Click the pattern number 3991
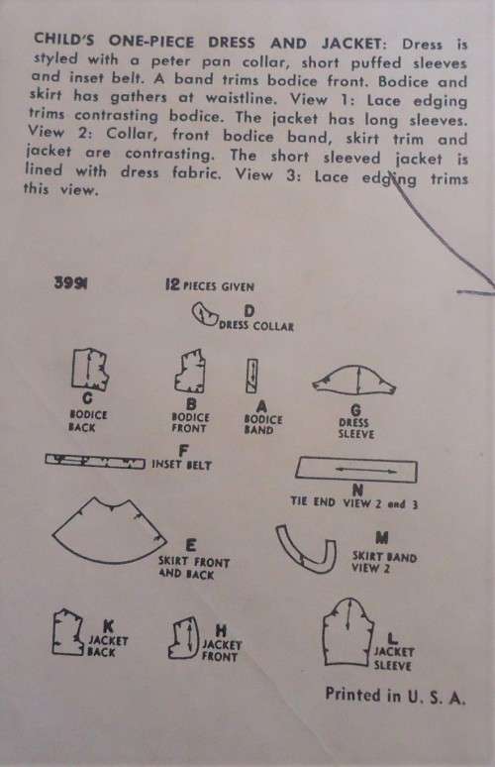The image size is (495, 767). click(71, 282)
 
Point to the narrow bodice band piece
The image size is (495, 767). click(251, 377)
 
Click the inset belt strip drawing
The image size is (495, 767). click(95, 460)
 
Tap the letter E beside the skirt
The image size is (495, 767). click(191, 545)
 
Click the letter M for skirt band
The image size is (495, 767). click(381, 538)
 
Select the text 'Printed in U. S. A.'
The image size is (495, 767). click(395, 696)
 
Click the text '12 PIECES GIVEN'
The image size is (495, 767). click(210, 285)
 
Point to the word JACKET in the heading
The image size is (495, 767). click(351, 43)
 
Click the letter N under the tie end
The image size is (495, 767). click(357, 490)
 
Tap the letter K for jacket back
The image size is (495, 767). click(109, 625)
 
